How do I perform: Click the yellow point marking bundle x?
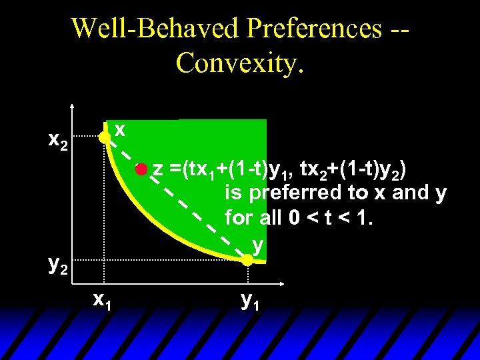[105, 138]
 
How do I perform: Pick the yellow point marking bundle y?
[247, 261]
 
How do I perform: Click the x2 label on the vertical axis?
[58, 141]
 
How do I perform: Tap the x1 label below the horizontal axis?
[102, 301]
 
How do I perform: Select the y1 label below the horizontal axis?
[250, 301]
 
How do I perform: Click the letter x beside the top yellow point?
[120, 128]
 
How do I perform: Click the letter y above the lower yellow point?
[258, 245]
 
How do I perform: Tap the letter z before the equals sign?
[158, 171]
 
